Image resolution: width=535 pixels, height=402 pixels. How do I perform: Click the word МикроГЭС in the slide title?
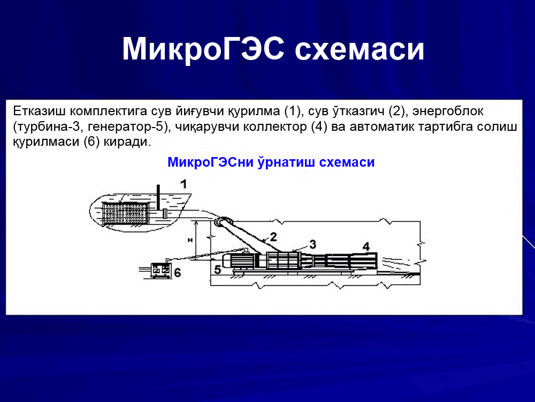[203, 49]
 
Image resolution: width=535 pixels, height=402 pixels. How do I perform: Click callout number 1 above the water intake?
[184, 184]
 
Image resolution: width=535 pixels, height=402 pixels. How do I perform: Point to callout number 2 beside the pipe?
[273, 236]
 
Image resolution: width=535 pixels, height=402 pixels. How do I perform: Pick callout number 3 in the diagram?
[312, 244]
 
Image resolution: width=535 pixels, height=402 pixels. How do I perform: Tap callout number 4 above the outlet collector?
[366, 247]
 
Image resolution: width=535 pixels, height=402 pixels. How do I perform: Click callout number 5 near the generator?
[217, 270]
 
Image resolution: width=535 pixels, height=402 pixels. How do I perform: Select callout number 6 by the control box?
[178, 272]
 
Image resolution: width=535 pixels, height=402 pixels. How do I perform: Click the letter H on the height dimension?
[190, 240]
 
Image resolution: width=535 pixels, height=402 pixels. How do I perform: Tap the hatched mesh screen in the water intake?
[125, 214]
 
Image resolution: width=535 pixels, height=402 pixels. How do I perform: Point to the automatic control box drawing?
[160, 270]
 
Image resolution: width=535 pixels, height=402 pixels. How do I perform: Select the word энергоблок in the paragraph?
[448, 111]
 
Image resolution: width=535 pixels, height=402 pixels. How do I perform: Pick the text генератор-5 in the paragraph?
[126, 127]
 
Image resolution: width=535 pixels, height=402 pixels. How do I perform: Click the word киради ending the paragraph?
[127, 142]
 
